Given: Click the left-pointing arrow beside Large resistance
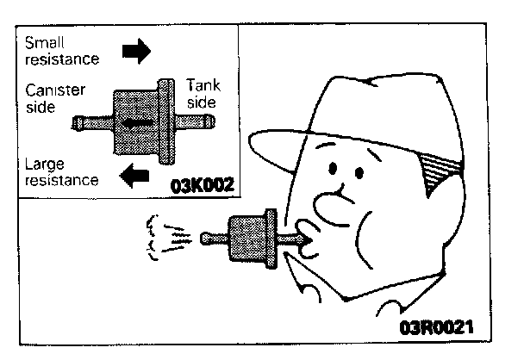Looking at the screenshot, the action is click(134, 177).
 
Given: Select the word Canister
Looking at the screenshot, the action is click(54, 90).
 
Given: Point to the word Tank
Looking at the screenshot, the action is click(203, 85).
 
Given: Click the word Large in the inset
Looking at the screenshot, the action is click(44, 164).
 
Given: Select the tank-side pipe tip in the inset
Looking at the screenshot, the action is click(204, 121).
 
